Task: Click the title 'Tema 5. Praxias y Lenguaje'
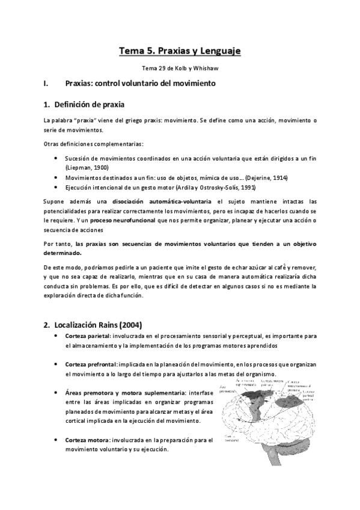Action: tap(180, 52)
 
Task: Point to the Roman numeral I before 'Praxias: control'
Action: tap(46, 83)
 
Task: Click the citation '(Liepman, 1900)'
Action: tap(87, 168)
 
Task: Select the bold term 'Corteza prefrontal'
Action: tap(91, 364)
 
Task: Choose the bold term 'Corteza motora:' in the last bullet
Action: tap(88, 440)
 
